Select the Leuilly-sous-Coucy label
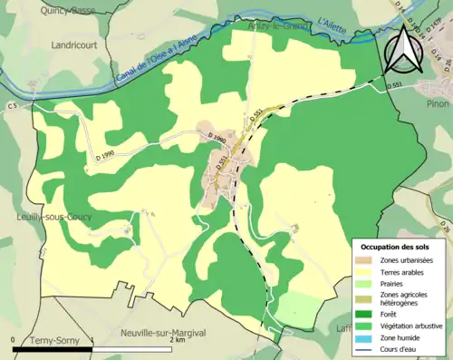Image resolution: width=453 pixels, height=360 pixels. [x=36, y=218]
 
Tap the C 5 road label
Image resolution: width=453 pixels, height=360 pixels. [x=14, y=107]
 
